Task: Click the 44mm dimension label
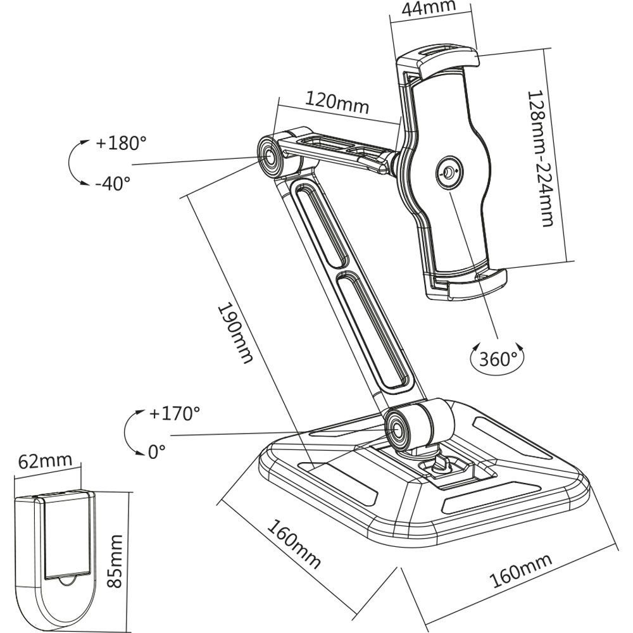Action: coord(429,7)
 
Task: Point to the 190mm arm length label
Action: coord(235,334)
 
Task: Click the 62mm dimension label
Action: coord(45,461)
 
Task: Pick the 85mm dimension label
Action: coord(115,561)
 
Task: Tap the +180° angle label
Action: coord(121,142)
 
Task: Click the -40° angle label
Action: coord(113,184)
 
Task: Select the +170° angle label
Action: coord(175,413)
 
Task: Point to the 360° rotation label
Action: coord(498,358)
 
